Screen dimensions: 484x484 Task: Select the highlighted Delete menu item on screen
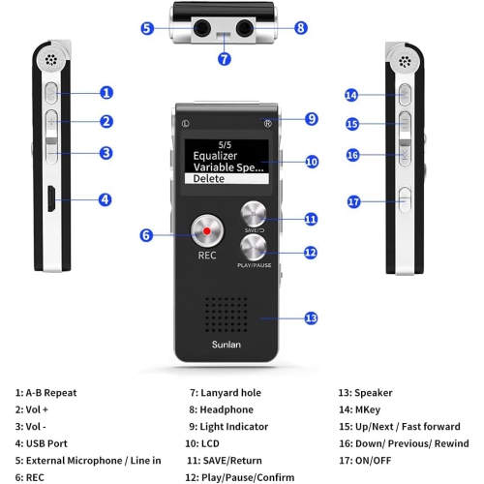[x=225, y=178]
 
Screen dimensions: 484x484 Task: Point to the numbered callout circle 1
[x=106, y=93]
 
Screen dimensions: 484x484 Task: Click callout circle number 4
[x=106, y=200]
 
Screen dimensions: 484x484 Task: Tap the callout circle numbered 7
[x=224, y=59]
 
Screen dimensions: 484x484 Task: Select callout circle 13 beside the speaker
[x=311, y=318]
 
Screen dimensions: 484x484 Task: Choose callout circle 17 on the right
[x=353, y=201]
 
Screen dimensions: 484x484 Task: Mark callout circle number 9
[x=311, y=119]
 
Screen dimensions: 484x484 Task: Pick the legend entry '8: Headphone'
[x=221, y=409]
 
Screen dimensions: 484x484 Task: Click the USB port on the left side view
[x=47, y=200]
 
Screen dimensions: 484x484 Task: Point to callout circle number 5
[x=146, y=28]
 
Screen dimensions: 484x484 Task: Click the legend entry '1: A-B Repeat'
[x=46, y=393]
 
